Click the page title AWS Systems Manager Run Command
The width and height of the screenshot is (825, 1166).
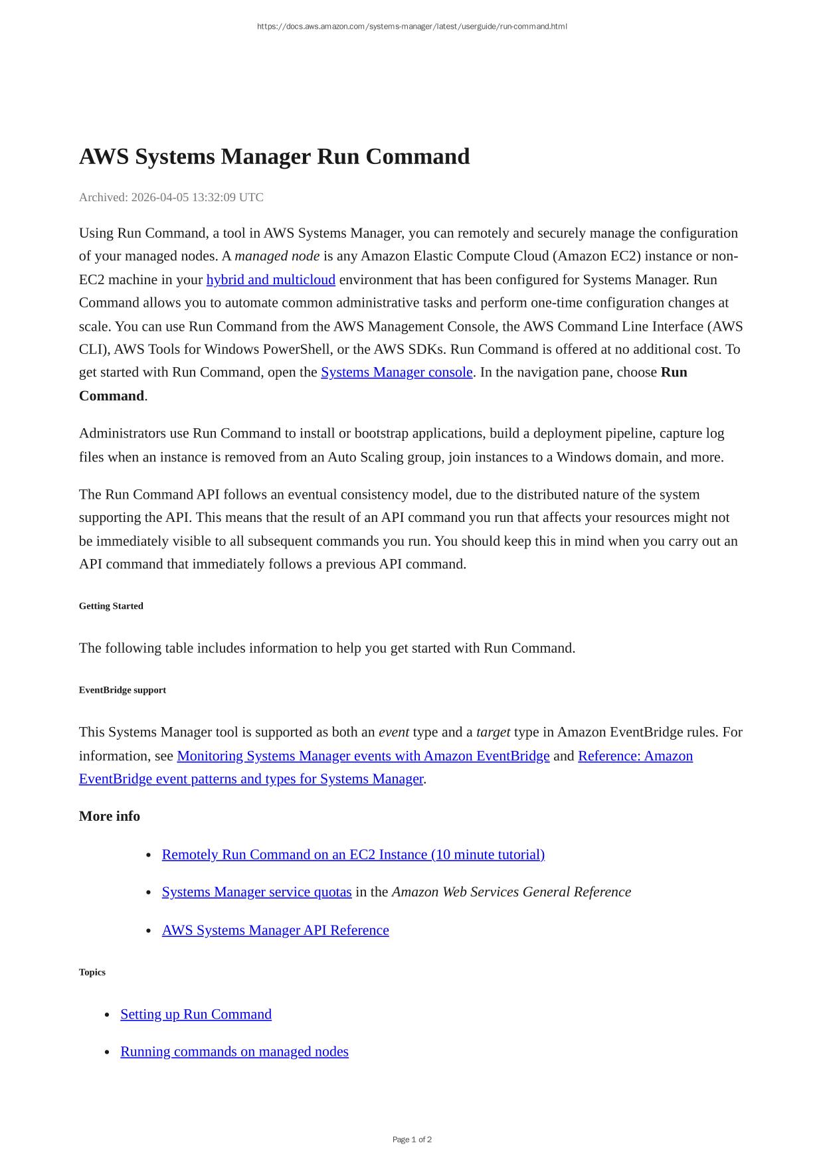(274, 157)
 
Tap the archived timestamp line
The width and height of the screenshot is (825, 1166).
(171, 197)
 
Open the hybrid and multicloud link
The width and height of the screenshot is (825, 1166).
(270, 280)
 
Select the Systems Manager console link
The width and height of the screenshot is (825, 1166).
(397, 372)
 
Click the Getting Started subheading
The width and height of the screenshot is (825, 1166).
(111, 606)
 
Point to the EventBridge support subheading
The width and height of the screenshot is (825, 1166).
(122, 690)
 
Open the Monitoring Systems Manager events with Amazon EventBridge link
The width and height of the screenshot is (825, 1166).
(363, 756)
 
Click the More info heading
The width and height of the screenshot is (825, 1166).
(110, 816)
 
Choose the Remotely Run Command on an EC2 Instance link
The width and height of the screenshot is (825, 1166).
(353, 855)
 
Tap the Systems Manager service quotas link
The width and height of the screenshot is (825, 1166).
(256, 892)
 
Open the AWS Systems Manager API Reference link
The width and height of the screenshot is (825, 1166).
(275, 930)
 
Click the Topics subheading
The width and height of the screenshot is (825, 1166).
(92, 972)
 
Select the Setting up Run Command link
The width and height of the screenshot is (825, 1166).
(196, 1014)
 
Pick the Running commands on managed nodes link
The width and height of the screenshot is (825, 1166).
(234, 1051)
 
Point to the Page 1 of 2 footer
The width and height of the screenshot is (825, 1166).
(412, 1139)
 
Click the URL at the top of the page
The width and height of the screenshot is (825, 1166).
(412, 27)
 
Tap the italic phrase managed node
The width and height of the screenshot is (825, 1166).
(277, 256)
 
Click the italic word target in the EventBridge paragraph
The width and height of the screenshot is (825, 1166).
(493, 732)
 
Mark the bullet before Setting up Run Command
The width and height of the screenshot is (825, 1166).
(107, 1015)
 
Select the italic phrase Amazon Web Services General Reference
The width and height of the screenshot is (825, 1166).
(511, 892)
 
